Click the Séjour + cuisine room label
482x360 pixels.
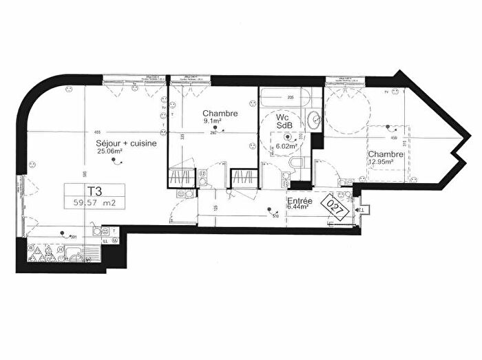(126, 143)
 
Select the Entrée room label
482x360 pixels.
(300, 200)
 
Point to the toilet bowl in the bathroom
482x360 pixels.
(297, 164)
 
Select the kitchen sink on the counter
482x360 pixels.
(74, 251)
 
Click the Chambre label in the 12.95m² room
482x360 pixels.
(385, 154)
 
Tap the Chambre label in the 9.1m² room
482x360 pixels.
(220, 114)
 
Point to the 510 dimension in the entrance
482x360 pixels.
(276, 215)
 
